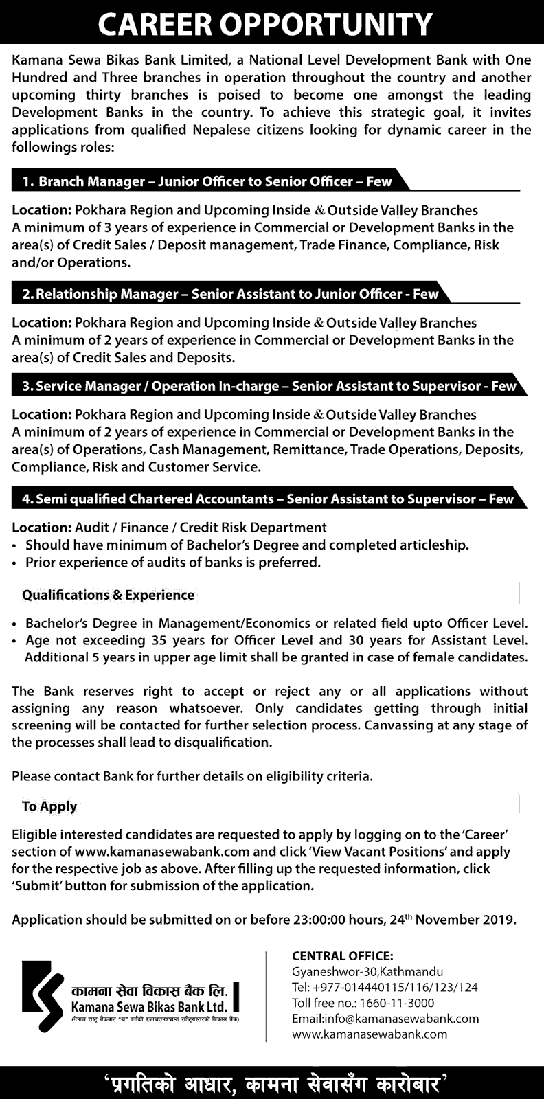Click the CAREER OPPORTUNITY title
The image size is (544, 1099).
pyautogui.click(x=265, y=25)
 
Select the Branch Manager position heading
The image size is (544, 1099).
pyautogui.click(x=207, y=182)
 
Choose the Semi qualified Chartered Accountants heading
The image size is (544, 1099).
pyautogui.click(x=267, y=499)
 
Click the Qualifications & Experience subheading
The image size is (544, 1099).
pyautogui.click(x=109, y=595)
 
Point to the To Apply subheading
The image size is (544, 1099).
pyautogui.click(x=49, y=806)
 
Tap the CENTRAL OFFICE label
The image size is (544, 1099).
pyautogui.click(x=343, y=955)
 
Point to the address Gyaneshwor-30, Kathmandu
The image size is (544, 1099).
pyautogui.click(x=367, y=972)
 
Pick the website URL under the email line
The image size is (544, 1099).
pyautogui.click(x=370, y=1034)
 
